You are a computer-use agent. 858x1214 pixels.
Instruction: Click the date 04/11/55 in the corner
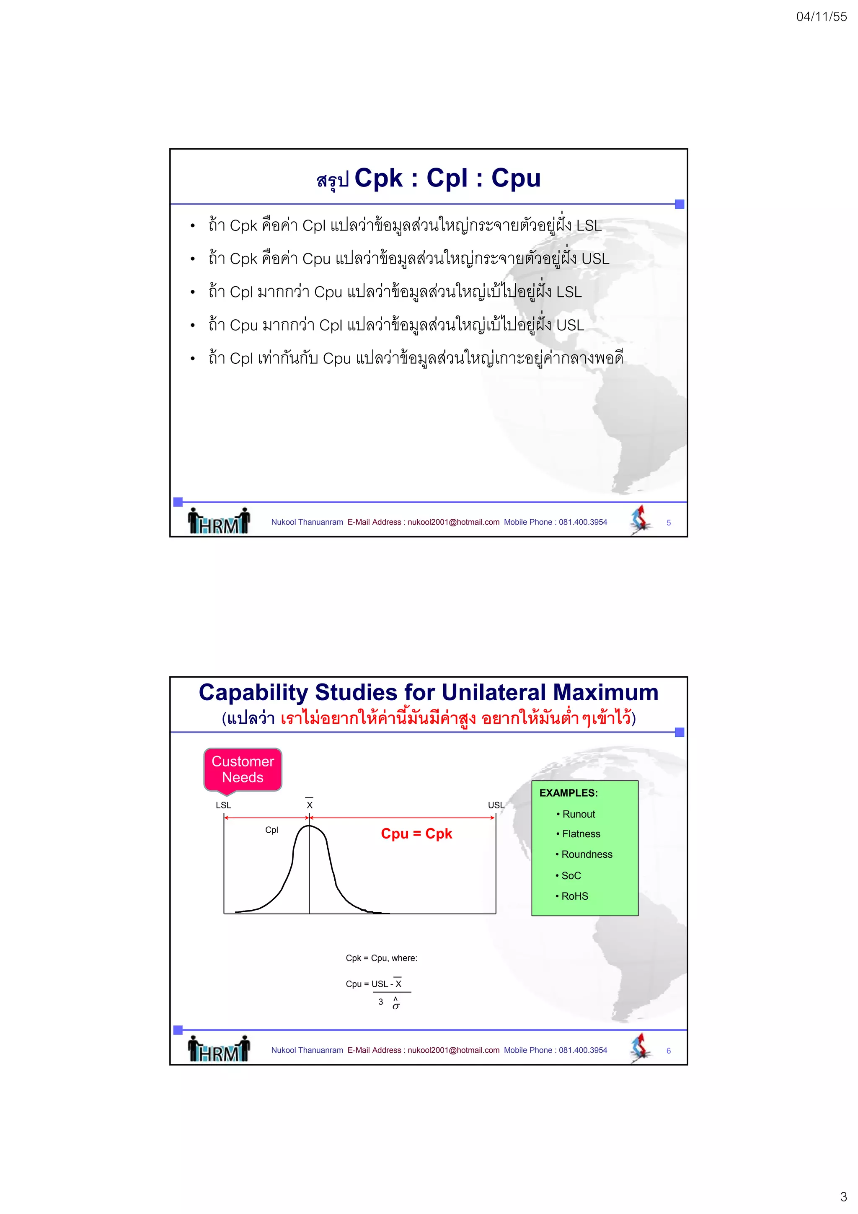coord(821,17)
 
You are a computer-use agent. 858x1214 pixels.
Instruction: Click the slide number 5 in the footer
coord(668,523)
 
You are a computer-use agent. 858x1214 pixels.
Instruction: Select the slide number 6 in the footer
coord(668,1051)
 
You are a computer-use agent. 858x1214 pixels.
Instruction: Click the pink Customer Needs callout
coord(243,769)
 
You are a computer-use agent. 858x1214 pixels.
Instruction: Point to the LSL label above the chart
coord(223,805)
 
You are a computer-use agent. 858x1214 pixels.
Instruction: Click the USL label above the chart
coord(495,805)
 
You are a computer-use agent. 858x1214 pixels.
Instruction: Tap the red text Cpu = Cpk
coord(416,834)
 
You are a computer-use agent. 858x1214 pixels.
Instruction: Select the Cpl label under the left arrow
coord(271,830)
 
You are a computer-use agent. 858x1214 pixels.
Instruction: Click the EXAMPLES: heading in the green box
coord(569,793)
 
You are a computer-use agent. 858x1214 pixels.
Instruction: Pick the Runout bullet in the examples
coord(578,814)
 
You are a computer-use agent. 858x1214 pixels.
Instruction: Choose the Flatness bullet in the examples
coord(581,834)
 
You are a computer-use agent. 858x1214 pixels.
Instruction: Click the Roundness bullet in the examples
coord(586,854)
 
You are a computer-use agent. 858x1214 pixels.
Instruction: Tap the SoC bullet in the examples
coord(571,875)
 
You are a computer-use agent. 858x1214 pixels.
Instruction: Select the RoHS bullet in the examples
coord(574,896)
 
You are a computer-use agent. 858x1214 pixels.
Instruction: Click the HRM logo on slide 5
coord(219,521)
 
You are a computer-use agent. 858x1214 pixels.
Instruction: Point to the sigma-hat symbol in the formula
coord(396,1004)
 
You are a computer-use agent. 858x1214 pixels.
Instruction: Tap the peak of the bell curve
coord(310,826)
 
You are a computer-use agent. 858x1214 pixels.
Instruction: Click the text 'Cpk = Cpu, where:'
coord(381,958)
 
